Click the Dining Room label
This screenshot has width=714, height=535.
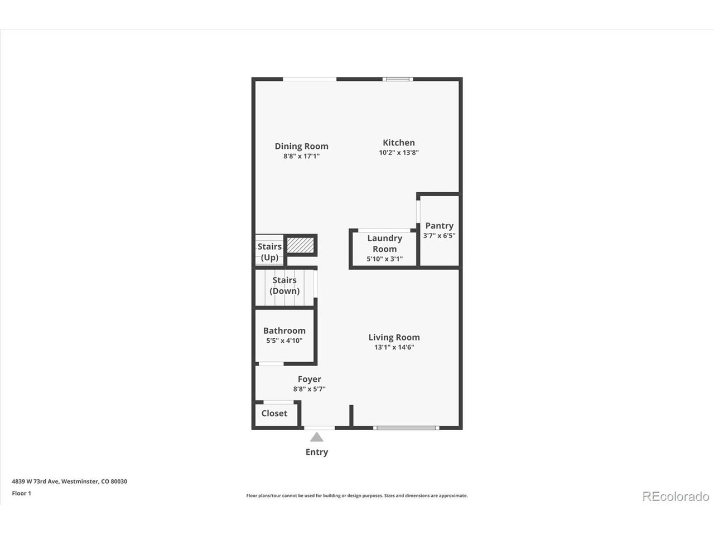(x=302, y=146)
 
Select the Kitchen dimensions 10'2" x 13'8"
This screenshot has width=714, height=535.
(x=398, y=152)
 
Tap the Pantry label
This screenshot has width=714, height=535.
(x=439, y=226)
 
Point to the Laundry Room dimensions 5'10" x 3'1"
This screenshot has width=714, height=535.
(x=384, y=259)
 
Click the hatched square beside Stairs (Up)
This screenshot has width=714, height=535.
(x=301, y=245)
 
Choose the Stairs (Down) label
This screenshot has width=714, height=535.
(x=284, y=285)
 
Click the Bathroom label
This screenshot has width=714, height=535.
(x=284, y=330)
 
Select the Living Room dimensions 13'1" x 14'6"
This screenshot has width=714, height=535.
(x=394, y=347)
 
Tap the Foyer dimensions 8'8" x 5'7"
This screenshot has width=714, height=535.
(x=309, y=389)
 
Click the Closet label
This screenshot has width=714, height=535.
(x=274, y=413)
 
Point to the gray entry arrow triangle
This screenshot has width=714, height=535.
(x=316, y=437)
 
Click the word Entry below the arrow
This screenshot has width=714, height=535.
(x=316, y=452)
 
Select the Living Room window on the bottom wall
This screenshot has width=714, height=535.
(x=406, y=428)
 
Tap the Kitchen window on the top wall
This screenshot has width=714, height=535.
(x=398, y=79)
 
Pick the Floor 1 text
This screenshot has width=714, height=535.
(x=21, y=493)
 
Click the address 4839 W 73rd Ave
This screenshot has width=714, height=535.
(x=36, y=481)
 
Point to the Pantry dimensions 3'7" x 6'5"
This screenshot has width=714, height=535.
(x=439, y=236)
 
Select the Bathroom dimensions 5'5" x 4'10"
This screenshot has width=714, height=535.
(x=284, y=341)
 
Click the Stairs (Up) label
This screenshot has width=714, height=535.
(x=269, y=252)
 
